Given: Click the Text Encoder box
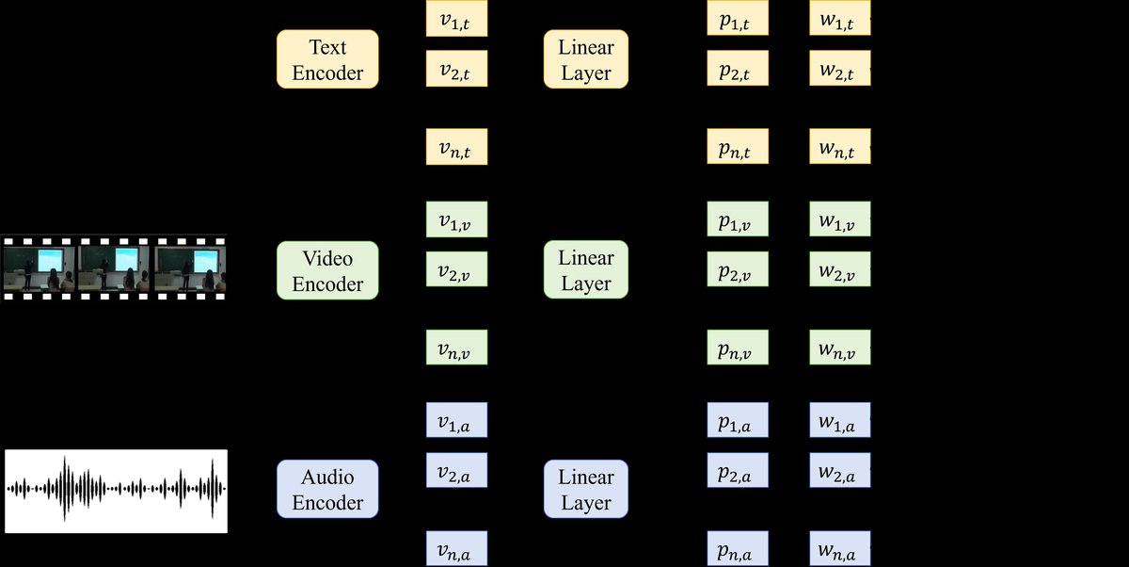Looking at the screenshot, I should pyautogui.click(x=327, y=59).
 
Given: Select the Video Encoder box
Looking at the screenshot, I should pyautogui.click(x=327, y=270).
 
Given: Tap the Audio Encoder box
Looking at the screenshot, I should pyautogui.click(x=327, y=489).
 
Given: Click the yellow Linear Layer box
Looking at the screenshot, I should pyautogui.click(x=586, y=59).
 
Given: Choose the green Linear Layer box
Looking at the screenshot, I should pyautogui.click(x=586, y=270).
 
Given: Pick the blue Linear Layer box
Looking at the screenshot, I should pyautogui.click(x=586, y=489).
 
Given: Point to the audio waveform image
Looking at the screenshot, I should pyautogui.click(x=117, y=491).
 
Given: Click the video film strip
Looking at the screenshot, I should pyautogui.click(x=114, y=267).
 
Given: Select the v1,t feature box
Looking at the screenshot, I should pyautogui.click(x=457, y=19).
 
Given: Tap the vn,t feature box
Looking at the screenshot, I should pyautogui.click(x=457, y=147).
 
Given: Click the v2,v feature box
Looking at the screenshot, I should pyautogui.click(x=457, y=269).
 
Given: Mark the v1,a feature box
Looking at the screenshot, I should pyautogui.click(x=457, y=419).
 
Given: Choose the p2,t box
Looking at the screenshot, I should pyautogui.click(x=739, y=68).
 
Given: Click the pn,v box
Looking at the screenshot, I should pyautogui.click(x=739, y=348).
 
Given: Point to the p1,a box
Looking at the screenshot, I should pyautogui.click(x=739, y=419).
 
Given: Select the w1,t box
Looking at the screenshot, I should pyautogui.click(x=840, y=19).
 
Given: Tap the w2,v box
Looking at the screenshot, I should pyautogui.click(x=840, y=269).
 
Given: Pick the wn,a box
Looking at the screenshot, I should pyautogui.click(x=840, y=549).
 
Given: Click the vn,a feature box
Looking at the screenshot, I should pyautogui.click(x=457, y=549).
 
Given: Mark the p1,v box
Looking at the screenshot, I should pyautogui.click(x=739, y=219).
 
